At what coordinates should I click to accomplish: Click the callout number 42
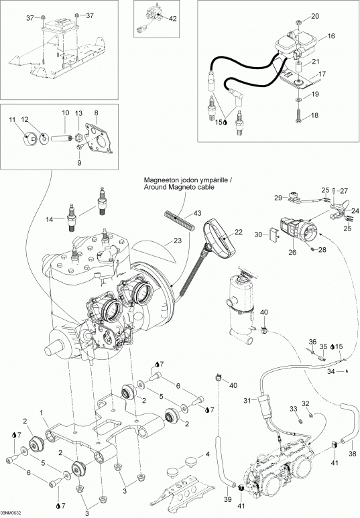point(172,19)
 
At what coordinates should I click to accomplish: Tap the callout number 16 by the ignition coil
point(331,36)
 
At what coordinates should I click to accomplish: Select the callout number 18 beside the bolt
point(314,116)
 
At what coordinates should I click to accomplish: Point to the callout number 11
point(13,119)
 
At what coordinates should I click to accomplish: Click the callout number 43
point(197,213)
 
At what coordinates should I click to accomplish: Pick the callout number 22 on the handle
point(239,233)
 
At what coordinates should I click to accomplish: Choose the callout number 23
point(178,241)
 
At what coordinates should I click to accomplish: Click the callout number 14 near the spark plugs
point(50,219)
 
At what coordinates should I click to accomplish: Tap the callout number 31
point(247,400)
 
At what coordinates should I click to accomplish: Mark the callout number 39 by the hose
point(228,499)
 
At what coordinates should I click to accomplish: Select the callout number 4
point(208,454)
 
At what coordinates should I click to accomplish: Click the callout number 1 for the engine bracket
point(42,413)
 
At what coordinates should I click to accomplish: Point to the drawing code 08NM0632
point(11,513)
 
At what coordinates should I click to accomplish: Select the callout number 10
point(66,113)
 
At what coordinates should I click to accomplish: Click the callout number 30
point(259,235)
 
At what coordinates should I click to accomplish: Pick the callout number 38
point(353,454)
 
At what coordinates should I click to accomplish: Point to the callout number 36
point(312,342)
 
